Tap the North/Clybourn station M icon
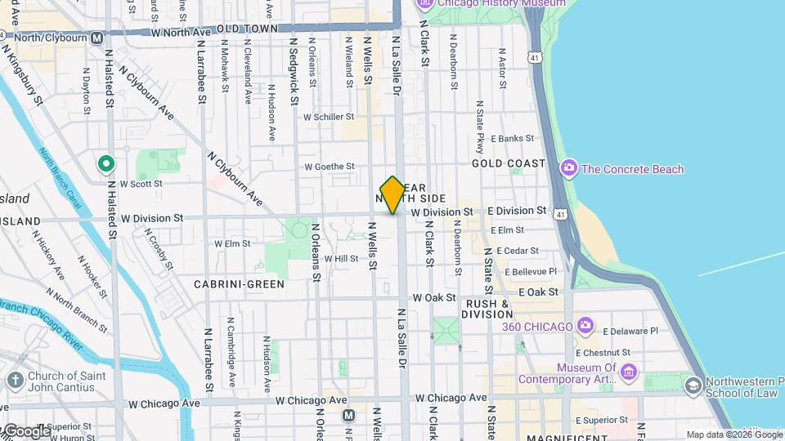coord(97,38)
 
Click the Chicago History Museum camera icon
coord(424,3)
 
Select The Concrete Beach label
coord(632,169)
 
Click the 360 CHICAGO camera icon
coord(585,327)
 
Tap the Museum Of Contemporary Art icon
coord(629,373)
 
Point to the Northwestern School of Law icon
coord(693,385)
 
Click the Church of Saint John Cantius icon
coord(16,380)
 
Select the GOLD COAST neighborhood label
coord(509,163)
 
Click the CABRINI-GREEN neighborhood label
coord(239,284)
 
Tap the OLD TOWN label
coord(248,28)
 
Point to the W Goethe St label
coord(330,167)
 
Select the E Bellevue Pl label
coord(531,271)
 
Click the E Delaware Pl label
coord(630,332)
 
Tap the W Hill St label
coord(342,258)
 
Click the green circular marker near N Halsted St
coord(105,164)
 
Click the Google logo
coord(26,430)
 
